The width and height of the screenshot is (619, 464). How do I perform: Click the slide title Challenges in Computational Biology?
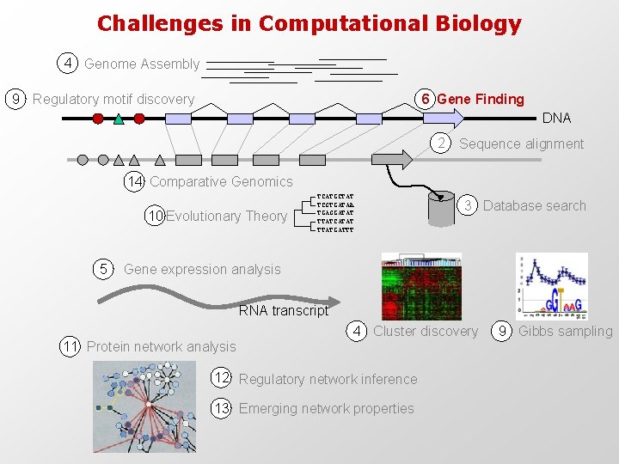pyautogui.click(x=309, y=23)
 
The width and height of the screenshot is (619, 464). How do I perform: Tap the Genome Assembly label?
pyautogui.click(x=142, y=64)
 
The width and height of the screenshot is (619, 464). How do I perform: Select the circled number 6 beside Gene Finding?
pyautogui.click(x=426, y=99)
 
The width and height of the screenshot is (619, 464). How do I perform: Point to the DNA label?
pyautogui.click(x=556, y=118)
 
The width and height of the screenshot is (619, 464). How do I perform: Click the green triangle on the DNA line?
pyautogui.click(x=119, y=119)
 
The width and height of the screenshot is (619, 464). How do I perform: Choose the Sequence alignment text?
pyautogui.click(x=521, y=143)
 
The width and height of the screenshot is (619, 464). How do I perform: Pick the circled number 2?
pyautogui.click(x=440, y=143)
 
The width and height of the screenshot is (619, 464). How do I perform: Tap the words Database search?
pyautogui.click(x=534, y=205)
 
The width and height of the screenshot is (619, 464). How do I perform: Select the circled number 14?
pyautogui.click(x=135, y=181)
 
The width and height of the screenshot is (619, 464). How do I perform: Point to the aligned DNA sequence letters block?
pyautogui.click(x=335, y=212)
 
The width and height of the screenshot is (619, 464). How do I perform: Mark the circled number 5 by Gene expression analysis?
pyautogui.click(x=103, y=269)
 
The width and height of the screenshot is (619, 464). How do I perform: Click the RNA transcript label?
pyautogui.click(x=284, y=310)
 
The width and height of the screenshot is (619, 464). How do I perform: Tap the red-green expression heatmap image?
pyautogui.click(x=421, y=287)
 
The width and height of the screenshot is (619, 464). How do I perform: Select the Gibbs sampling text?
pyautogui.click(x=565, y=331)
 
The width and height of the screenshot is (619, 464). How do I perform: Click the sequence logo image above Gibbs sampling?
pyautogui.click(x=551, y=286)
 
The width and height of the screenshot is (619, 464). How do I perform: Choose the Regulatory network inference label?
pyautogui.click(x=328, y=379)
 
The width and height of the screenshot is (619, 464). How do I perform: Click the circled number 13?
pyautogui.click(x=222, y=408)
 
